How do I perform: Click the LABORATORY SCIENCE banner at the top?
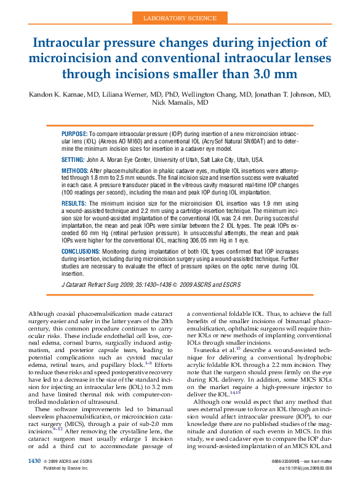[x=180, y=19]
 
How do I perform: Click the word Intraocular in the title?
[x=72, y=43]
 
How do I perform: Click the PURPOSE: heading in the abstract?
[x=75, y=133]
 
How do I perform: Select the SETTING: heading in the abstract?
[x=73, y=159]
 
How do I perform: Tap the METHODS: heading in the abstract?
[x=75, y=169]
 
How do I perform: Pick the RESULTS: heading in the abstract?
[x=74, y=203]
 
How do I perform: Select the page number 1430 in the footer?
[x=34, y=461]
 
